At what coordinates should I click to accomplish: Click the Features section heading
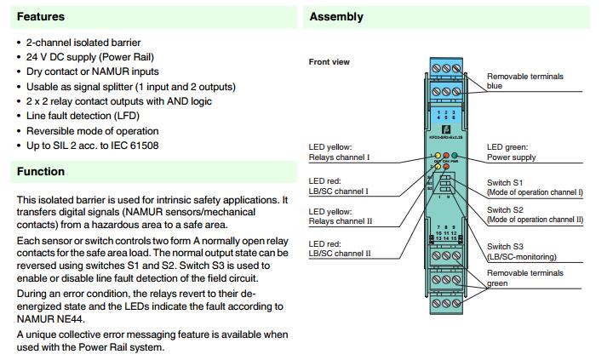(x=41, y=16)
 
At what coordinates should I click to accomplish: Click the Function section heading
(x=41, y=171)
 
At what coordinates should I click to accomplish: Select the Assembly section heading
(x=336, y=16)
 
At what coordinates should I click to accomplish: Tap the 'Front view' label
(x=329, y=62)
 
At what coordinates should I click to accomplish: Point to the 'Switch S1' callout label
(x=505, y=183)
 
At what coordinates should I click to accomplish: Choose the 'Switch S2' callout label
(x=505, y=209)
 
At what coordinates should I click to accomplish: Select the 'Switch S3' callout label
(x=505, y=246)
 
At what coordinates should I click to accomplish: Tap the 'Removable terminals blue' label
(x=524, y=81)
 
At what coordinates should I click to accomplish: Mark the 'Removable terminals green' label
(x=524, y=277)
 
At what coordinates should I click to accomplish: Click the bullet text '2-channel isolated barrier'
(x=83, y=42)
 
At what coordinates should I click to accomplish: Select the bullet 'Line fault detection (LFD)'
(x=83, y=116)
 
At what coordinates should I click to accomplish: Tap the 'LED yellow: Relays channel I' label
(x=339, y=152)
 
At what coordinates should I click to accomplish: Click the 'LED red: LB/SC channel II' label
(x=339, y=249)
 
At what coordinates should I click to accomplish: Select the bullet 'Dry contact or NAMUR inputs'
(x=92, y=71)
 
